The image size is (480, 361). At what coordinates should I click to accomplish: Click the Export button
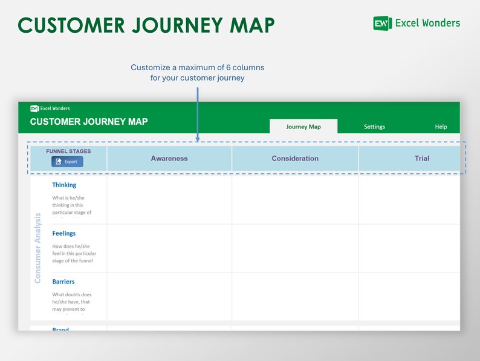tap(67, 162)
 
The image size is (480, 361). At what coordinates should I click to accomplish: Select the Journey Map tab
tap(303, 127)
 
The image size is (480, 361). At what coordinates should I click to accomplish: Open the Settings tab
tap(374, 127)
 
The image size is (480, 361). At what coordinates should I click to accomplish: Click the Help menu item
tap(441, 127)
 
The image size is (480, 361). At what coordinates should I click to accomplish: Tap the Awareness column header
tap(169, 159)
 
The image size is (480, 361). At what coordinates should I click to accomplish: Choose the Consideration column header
tap(295, 159)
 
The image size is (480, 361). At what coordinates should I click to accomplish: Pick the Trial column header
tap(421, 159)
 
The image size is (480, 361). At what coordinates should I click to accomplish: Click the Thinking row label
tap(64, 185)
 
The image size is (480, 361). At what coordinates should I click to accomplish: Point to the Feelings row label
tap(64, 233)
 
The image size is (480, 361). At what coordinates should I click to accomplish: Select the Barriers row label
tap(63, 282)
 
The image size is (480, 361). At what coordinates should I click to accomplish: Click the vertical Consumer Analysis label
tap(38, 248)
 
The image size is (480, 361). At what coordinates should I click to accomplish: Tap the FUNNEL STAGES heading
tap(68, 151)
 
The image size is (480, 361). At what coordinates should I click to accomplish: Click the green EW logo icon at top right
tap(382, 24)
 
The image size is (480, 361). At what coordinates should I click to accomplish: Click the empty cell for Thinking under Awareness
tap(169, 200)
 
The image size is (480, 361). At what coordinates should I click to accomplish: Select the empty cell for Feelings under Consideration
tap(295, 248)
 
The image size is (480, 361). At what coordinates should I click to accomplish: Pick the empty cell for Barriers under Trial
tap(409, 296)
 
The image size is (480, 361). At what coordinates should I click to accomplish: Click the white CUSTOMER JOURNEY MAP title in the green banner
tap(89, 122)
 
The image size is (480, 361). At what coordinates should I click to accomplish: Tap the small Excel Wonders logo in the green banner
tap(50, 108)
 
